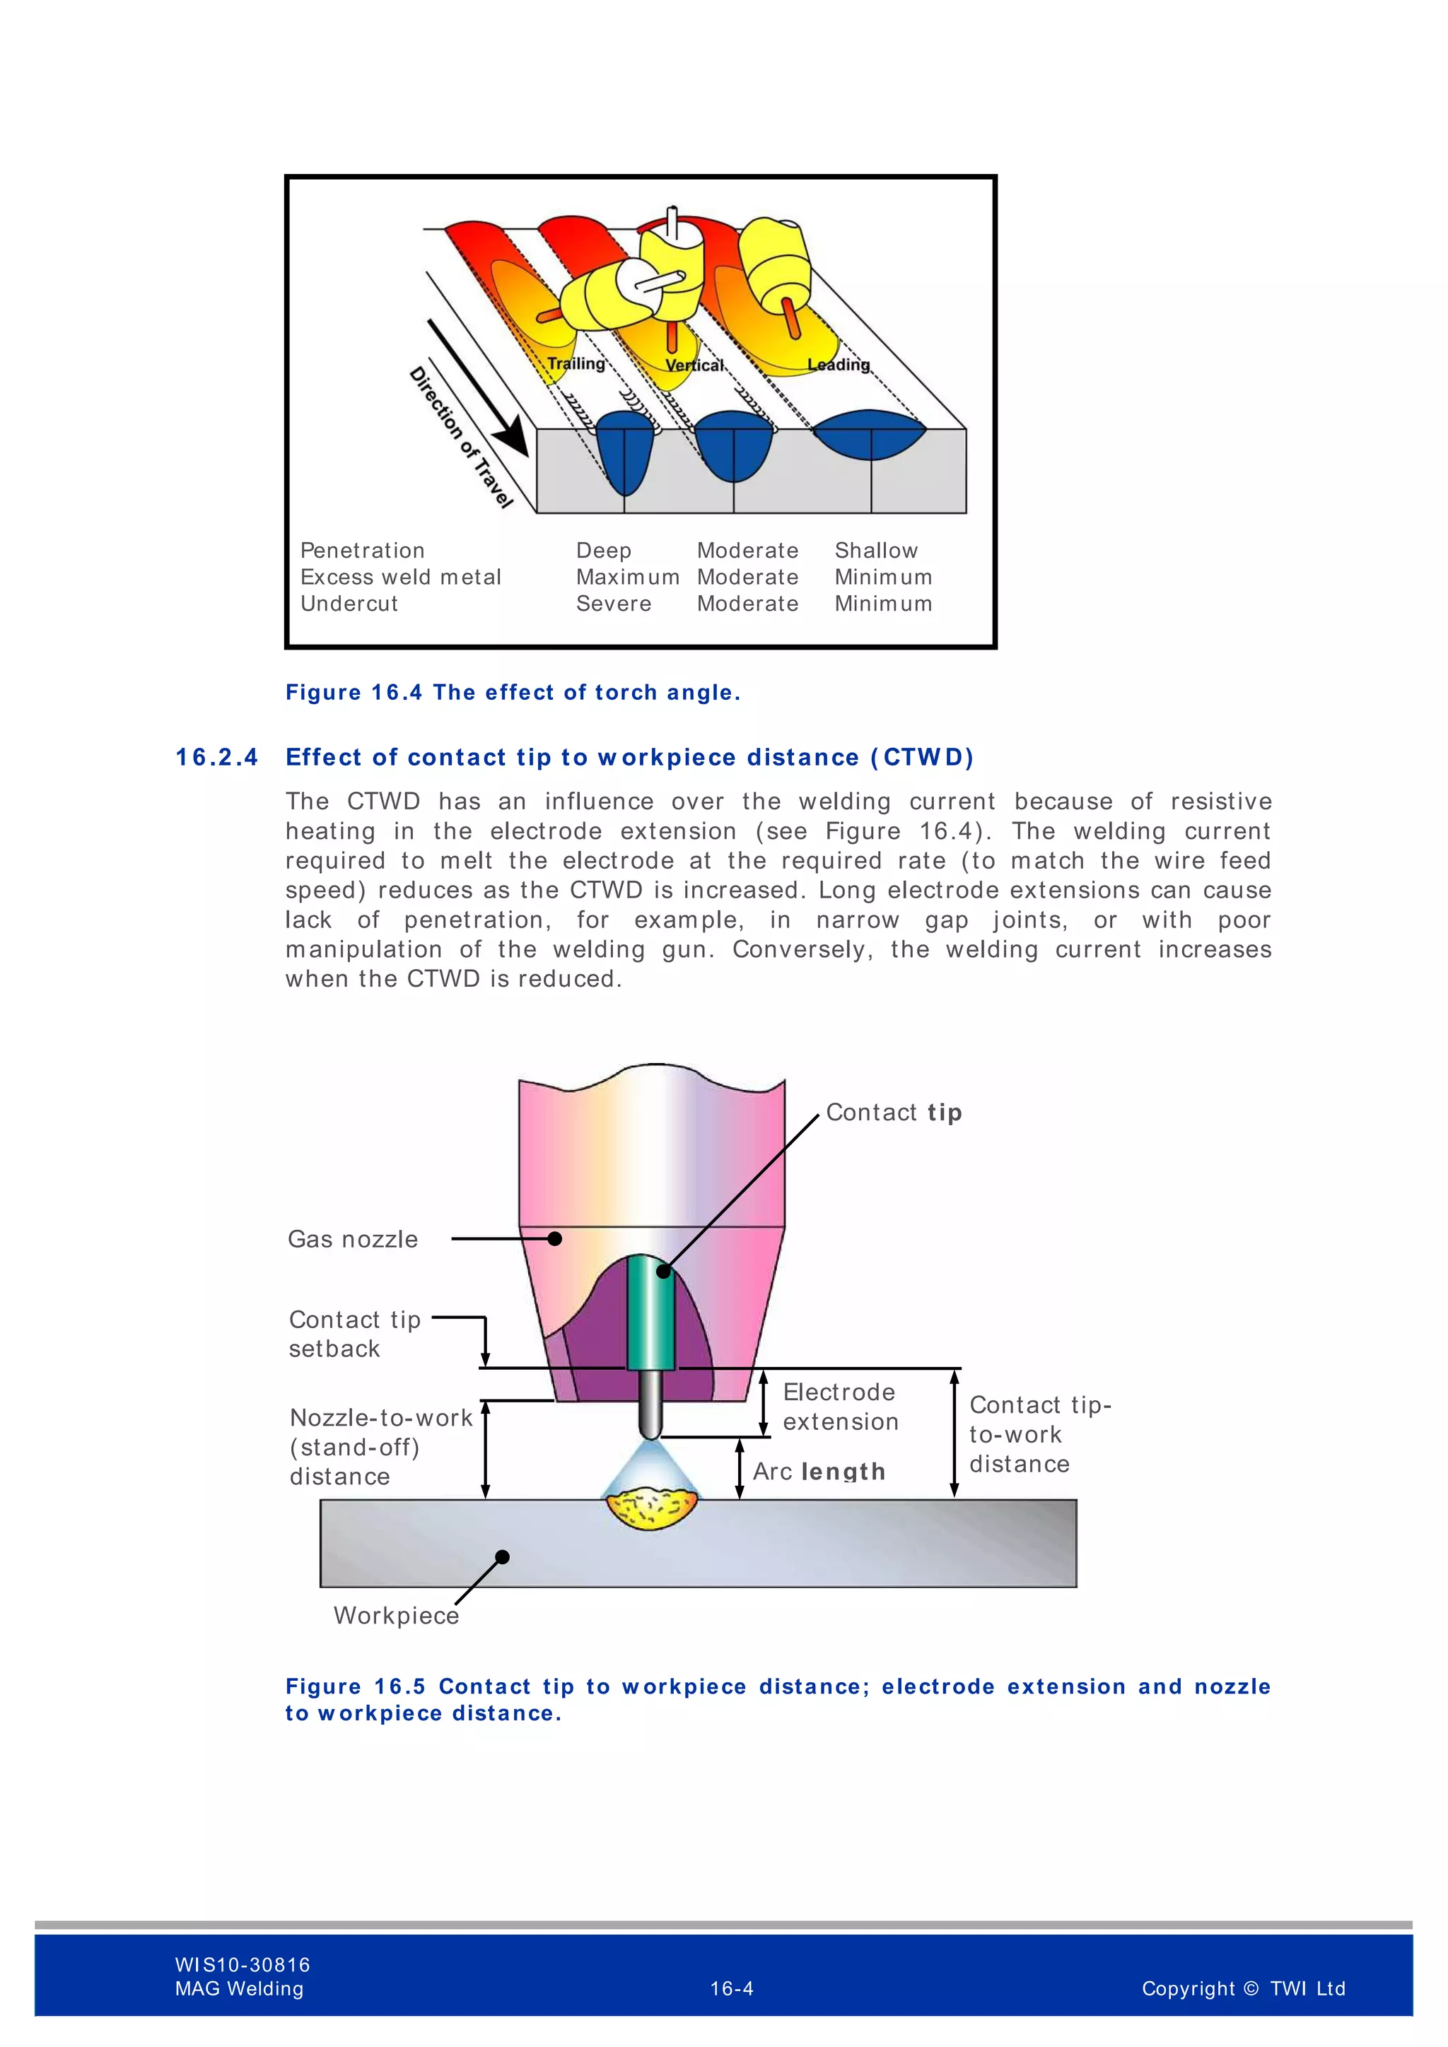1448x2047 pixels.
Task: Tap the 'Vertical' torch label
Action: (x=694, y=365)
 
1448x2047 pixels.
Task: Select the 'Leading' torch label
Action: (x=838, y=365)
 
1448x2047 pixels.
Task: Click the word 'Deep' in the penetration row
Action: (x=604, y=551)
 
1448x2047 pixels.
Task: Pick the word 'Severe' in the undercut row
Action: (x=614, y=604)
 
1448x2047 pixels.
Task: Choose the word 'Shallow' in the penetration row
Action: (x=875, y=551)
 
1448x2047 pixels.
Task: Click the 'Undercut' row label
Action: (x=349, y=604)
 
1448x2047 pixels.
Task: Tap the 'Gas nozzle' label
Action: (x=353, y=1239)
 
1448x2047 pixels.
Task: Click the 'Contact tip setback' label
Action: (x=355, y=1334)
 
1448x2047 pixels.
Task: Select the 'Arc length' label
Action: (x=819, y=1471)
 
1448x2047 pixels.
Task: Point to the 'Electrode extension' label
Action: (x=840, y=1407)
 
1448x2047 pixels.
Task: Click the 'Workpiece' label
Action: (x=396, y=1616)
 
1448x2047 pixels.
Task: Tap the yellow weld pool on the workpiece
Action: (x=651, y=1508)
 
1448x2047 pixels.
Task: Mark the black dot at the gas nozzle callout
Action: (x=554, y=1238)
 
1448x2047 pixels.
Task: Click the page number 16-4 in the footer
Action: (x=732, y=1988)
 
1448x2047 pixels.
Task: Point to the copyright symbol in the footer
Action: (x=1250, y=1988)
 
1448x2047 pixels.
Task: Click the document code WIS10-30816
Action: (x=243, y=1964)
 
